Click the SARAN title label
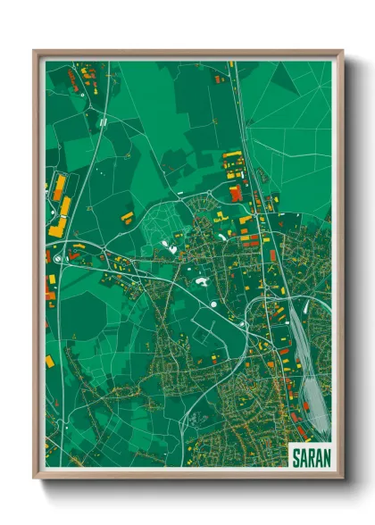coord(311,456)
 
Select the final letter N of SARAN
coord(326,456)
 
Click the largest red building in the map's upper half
coord(236,193)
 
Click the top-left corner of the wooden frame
coord(35,51)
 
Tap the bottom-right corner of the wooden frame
coord(342,479)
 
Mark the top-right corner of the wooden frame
coord(342,51)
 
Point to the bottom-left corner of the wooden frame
coord(35,479)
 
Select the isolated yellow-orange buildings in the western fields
coord(128,215)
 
